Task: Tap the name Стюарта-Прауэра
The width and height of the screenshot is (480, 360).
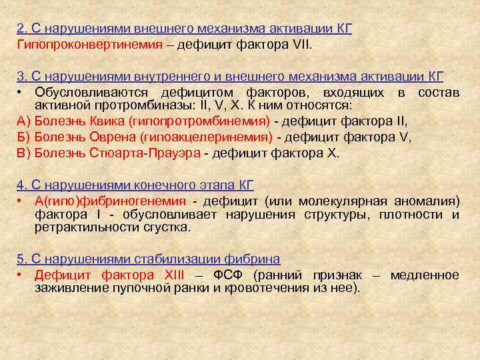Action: coord(144,152)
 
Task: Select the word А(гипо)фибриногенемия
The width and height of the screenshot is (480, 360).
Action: coord(110,201)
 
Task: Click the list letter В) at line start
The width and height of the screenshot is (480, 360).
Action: coord(23,152)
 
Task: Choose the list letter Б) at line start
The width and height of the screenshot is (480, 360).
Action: coord(23,137)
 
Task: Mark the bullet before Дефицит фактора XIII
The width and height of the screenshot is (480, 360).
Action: coord(21,275)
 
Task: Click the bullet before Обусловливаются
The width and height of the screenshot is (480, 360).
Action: coord(21,92)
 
